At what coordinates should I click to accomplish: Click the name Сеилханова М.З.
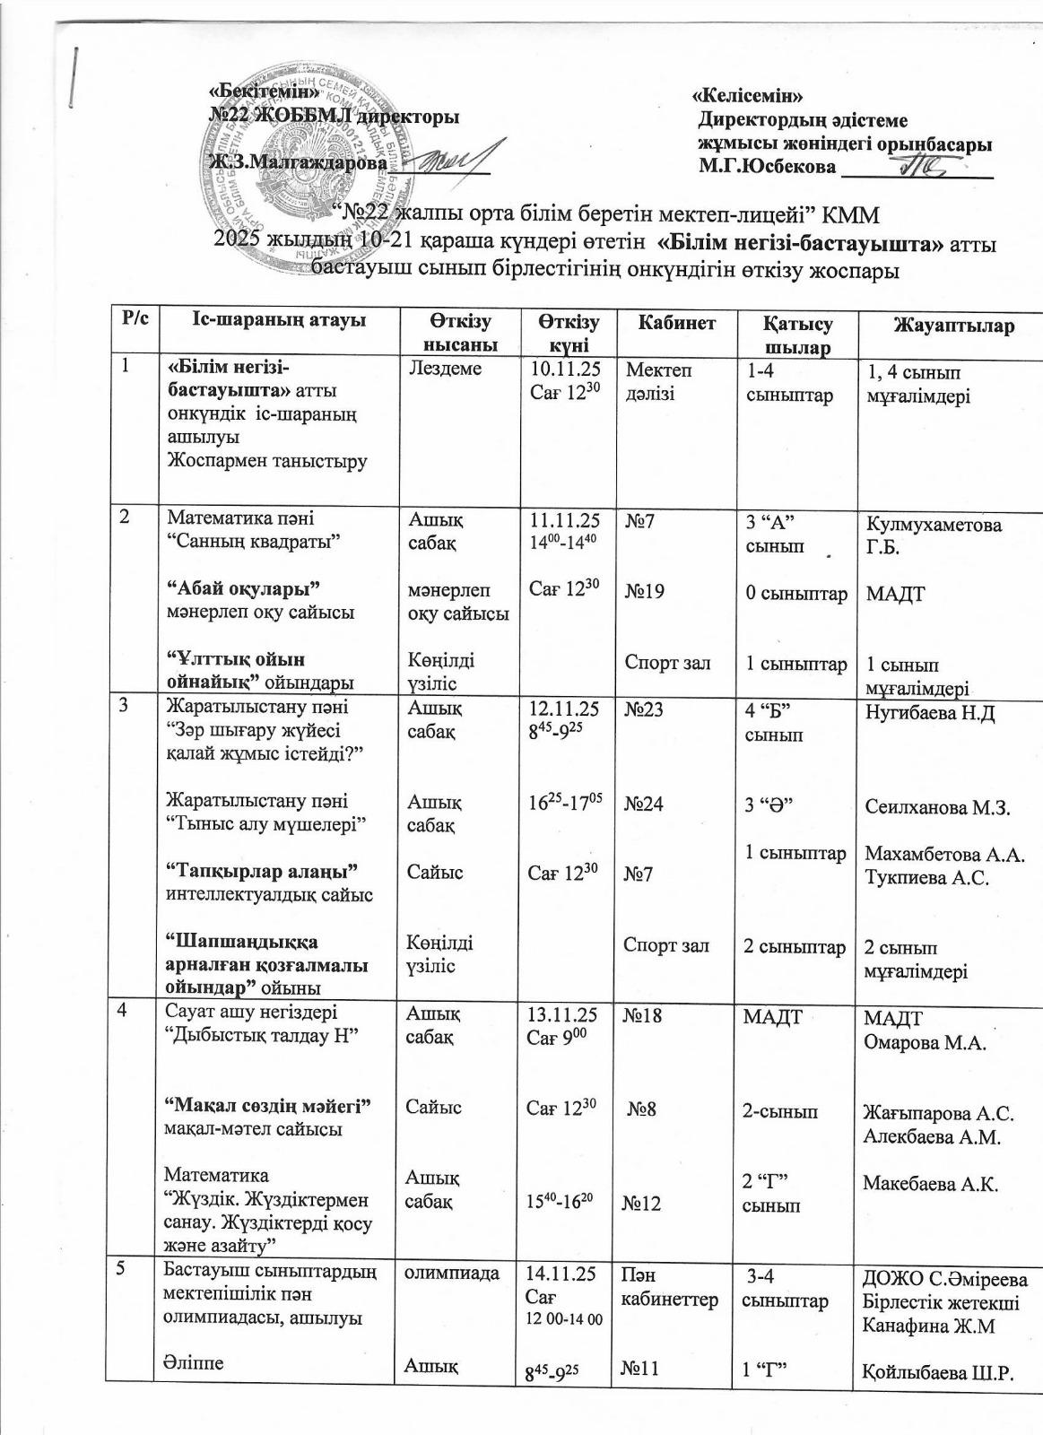(937, 807)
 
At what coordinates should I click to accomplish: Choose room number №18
(643, 1016)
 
